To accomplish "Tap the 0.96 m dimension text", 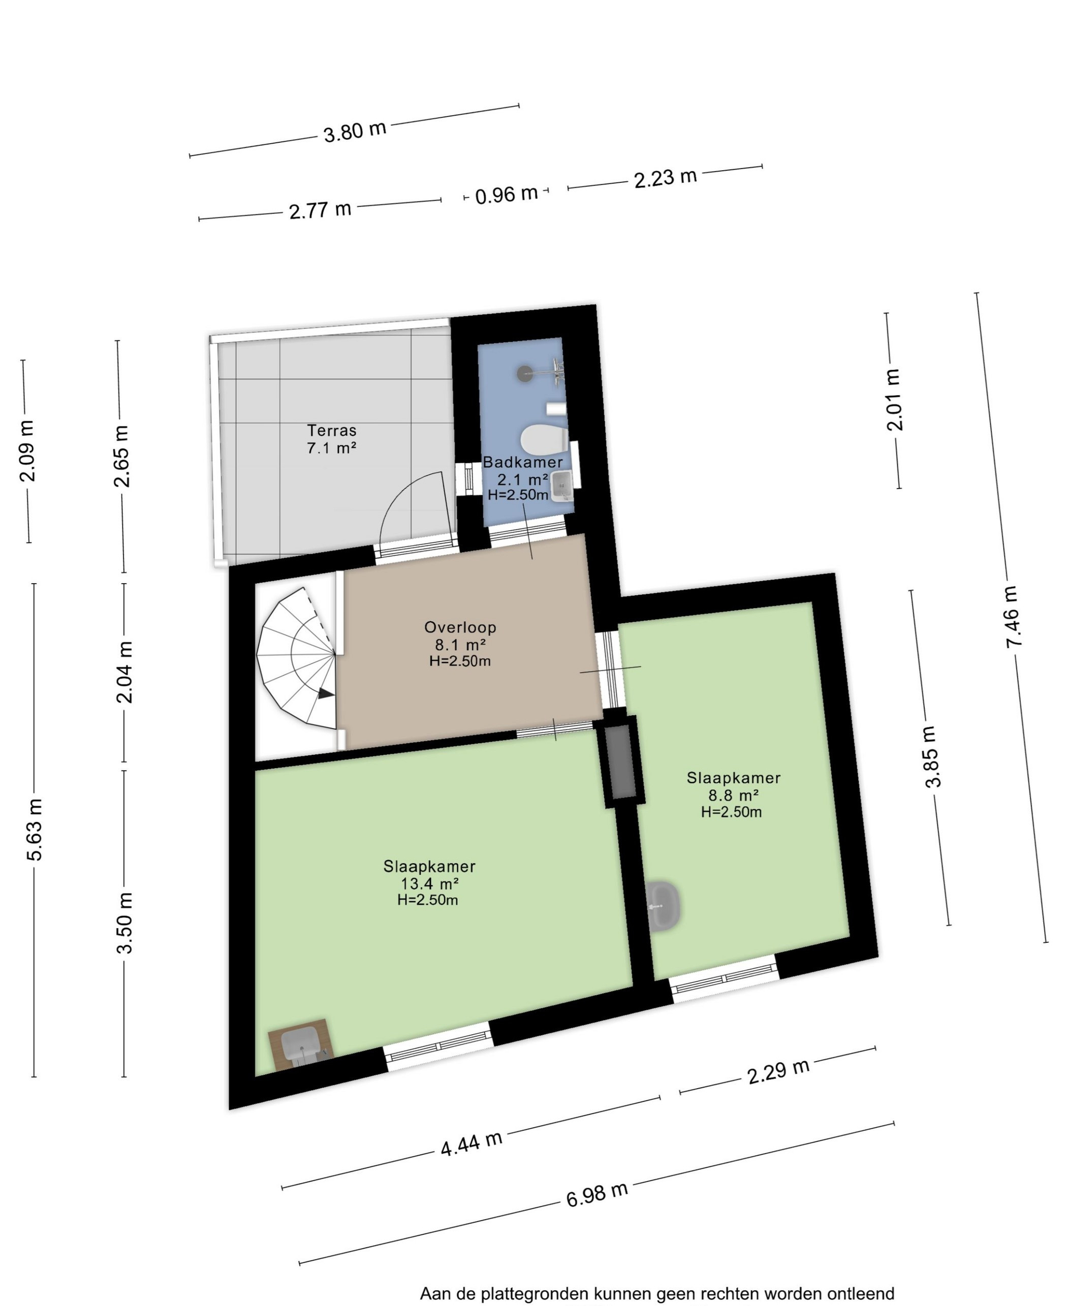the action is coord(507,194).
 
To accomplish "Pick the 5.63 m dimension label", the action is coord(36,829).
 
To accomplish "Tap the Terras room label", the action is coord(332,430).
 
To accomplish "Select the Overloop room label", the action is coord(460,627).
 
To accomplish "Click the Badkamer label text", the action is coord(522,462).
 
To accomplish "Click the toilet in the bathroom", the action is coord(544,439).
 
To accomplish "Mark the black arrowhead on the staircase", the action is coord(326,693).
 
